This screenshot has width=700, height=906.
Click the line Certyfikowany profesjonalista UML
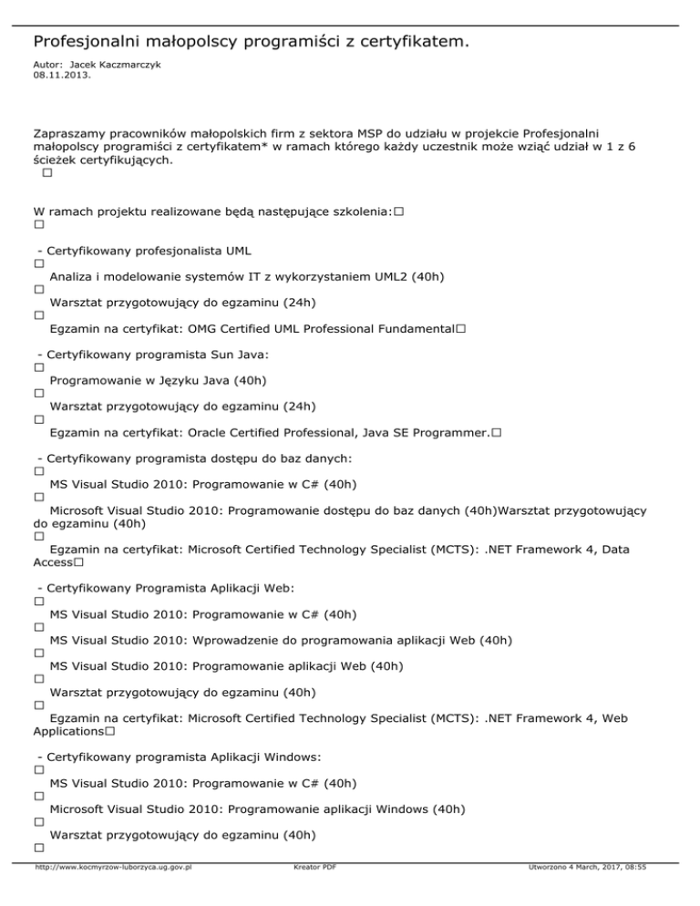pyautogui.click(x=149, y=250)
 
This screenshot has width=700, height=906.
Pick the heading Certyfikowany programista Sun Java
pyautogui.click(x=159, y=354)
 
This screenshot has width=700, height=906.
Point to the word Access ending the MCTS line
pyautogui.click(x=53, y=562)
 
